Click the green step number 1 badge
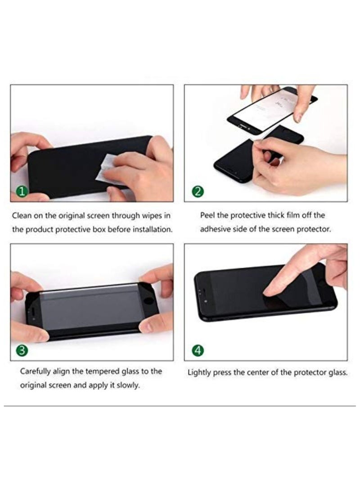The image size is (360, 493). click(21, 193)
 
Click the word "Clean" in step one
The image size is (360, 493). click(22, 215)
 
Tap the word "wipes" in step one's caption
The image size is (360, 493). click(153, 215)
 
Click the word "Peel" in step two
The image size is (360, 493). click(208, 215)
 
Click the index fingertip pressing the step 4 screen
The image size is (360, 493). click(268, 293)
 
